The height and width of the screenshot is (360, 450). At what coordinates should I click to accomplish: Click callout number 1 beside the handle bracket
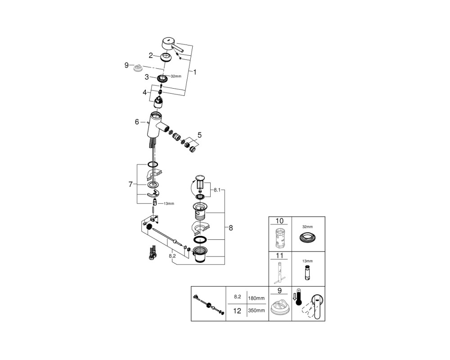[x=195, y=72]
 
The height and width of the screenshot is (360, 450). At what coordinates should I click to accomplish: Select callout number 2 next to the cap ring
[x=151, y=55]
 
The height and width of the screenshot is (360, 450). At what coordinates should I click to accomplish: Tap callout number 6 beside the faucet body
[x=137, y=122]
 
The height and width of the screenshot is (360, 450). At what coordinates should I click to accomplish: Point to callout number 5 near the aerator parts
[x=199, y=135]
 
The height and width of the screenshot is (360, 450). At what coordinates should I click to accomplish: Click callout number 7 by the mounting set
[x=130, y=184]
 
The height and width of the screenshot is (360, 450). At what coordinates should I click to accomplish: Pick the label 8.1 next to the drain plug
[x=217, y=190]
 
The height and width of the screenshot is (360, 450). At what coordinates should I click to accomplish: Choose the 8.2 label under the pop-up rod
[x=172, y=256]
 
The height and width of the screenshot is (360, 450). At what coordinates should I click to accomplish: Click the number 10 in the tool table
[x=279, y=221]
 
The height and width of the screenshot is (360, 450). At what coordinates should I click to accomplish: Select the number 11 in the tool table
[x=279, y=256]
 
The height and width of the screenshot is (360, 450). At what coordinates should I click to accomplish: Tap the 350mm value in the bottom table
[x=256, y=310]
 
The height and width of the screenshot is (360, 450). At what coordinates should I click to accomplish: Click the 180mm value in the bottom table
[x=256, y=298]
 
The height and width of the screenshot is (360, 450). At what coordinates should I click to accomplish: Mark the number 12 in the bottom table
[x=237, y=311]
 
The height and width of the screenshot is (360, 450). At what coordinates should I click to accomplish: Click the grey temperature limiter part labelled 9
[x=138, y=68]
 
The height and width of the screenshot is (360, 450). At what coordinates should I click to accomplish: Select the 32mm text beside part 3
[x=176, y=76]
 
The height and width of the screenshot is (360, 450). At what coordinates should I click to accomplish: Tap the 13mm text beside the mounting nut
[x=169, y=203]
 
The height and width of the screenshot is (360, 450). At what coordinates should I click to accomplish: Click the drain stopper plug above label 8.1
[x=200, y=183]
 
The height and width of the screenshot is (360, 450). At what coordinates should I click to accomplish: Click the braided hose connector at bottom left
[x=152, y=252]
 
